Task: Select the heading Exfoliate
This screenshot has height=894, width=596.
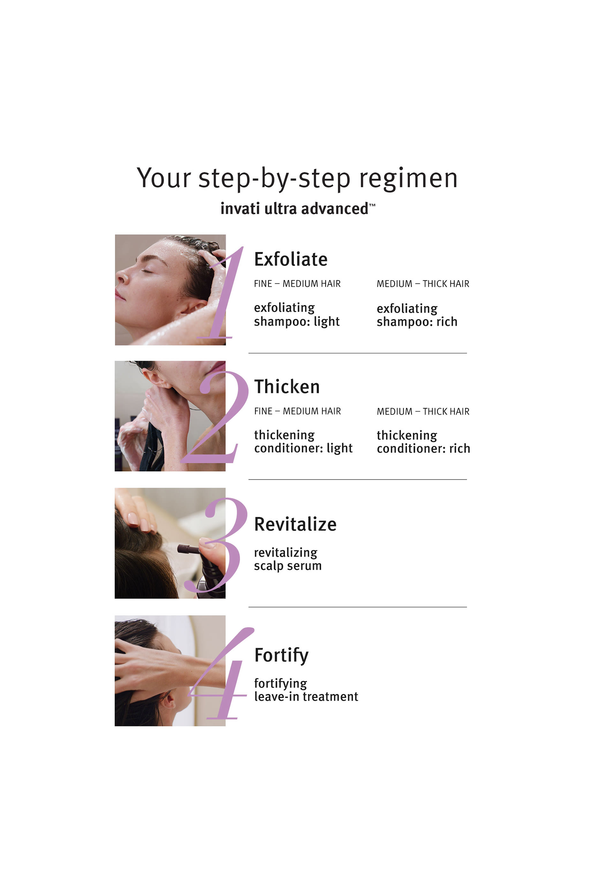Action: click(290, 259)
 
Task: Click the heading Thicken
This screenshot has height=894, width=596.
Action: click(287, 387)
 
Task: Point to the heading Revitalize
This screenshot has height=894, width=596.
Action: click(295, 524)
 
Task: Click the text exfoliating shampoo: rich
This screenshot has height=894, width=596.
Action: click(417, 315)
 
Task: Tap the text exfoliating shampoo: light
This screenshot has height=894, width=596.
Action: click(297, 314)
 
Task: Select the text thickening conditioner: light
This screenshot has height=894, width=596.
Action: click(303, 441)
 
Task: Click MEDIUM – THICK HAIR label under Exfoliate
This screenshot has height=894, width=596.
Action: click(423, 284)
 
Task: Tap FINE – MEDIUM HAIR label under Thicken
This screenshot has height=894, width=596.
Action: click(297, 411)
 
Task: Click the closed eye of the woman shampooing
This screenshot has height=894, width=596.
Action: click(147, 271)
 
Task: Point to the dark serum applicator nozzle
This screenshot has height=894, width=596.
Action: click(187, 549)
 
